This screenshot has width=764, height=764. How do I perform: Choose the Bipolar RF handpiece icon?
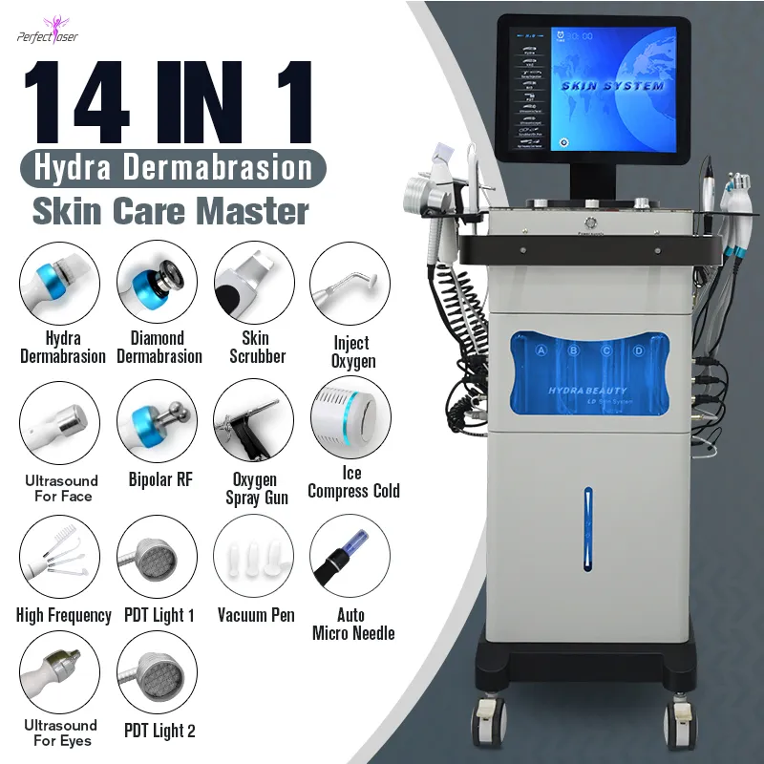click(x=157, y=420)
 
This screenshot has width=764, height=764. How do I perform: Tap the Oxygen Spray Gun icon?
click(x=254, y=420)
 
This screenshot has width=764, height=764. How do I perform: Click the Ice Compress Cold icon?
click(x=350, y=420)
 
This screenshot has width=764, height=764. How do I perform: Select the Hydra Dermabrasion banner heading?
click(x=174, y=168)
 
